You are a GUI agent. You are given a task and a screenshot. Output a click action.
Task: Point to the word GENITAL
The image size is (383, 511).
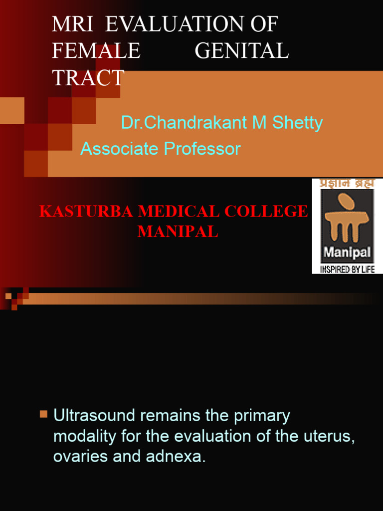click(x=241, y=51)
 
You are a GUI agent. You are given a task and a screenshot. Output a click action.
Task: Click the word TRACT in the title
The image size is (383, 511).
click(x=88, y=78)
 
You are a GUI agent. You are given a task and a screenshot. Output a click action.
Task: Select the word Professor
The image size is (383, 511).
click(x=204, y=149)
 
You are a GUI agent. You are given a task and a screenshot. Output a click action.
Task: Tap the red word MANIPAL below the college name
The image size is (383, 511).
click(x=177, y=232)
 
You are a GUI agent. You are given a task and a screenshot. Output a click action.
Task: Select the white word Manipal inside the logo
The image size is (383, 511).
click(x=347, y=252)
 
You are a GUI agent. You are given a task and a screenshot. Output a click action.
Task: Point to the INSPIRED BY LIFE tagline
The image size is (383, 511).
click(x=347, y=269)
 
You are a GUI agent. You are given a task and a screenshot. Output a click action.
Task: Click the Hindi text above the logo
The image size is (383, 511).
click(x=347, y=184)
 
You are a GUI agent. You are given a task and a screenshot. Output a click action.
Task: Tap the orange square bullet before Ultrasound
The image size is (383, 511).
click(x=44, y=414)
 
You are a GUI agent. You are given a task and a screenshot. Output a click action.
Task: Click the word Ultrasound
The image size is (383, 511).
click(x=93, y=416)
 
